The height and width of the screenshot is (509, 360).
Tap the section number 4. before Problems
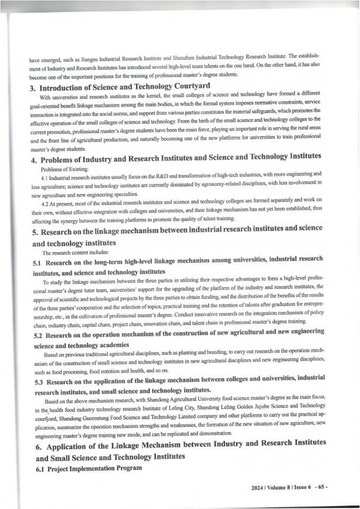click(37, 156)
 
